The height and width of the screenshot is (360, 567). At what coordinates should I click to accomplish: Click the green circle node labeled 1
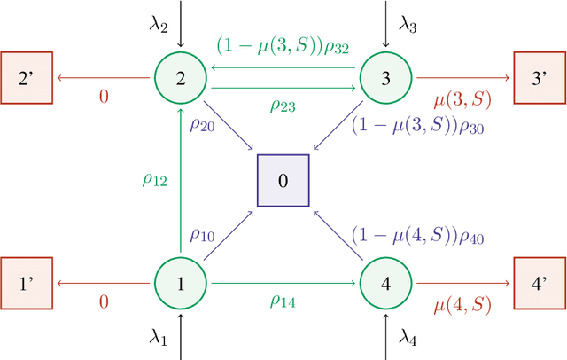(x=181, y=285)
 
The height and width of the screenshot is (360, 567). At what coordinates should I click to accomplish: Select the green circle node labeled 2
(x=181, y=78)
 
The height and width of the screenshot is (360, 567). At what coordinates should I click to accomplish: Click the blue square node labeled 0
(x=283, y=181)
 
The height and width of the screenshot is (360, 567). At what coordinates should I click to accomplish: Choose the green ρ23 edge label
(x=283, y=105)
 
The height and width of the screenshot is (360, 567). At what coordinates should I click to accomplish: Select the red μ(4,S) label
(x=460, y=306)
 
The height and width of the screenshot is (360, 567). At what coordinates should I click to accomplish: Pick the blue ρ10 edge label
(x=202, y=238)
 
